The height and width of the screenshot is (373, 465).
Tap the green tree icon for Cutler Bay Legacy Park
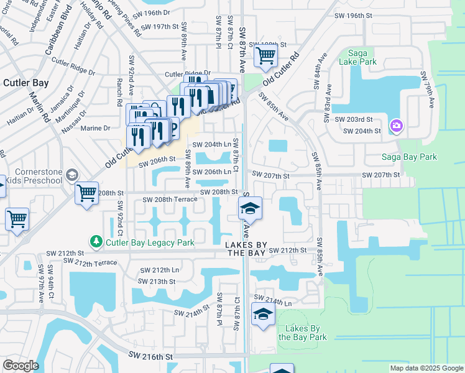coord(96,241)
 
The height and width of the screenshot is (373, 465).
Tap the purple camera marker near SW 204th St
coord(396,127)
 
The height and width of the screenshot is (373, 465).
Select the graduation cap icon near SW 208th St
coord(250,209)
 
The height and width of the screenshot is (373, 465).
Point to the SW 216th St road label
coord(150,356)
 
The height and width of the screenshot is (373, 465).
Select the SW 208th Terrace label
coord(170,200)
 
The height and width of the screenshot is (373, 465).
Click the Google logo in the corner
coord(21,366)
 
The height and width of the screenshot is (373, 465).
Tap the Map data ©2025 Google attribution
coord(426,368)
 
